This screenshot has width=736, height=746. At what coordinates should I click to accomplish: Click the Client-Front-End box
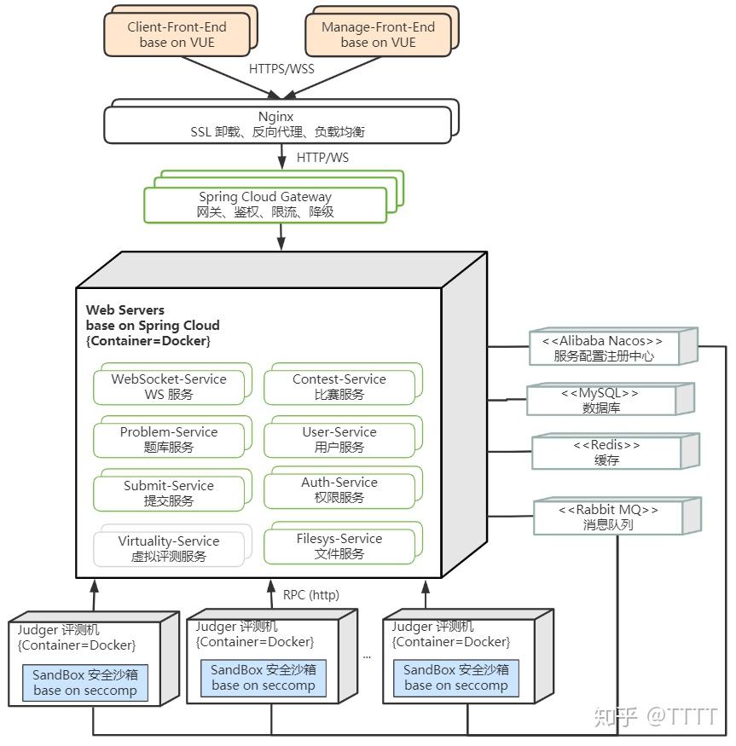coord(177,34)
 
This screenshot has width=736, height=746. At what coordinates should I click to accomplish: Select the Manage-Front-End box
coord(378,34)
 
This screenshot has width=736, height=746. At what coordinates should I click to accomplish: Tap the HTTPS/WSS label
coord(281,68)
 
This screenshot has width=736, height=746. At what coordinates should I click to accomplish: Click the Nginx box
coord(277,124)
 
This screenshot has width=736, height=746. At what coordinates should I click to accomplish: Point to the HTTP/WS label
coord(322,158)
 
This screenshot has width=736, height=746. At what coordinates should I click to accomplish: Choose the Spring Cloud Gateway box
coord(265,204)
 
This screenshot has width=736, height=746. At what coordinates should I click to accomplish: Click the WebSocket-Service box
coord(169,386)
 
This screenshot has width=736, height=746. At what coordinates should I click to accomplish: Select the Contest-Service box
coord(339,386)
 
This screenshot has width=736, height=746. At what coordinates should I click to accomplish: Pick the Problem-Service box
coord(169,439)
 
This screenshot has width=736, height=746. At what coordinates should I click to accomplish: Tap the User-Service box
coord(339,439)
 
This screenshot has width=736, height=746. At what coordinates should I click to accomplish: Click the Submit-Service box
coord(169,493)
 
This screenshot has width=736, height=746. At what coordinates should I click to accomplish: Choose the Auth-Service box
coord(339,489)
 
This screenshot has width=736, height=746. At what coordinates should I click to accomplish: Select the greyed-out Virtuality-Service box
coord(169,548)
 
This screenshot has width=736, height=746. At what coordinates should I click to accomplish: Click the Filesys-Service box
coord(339,546)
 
